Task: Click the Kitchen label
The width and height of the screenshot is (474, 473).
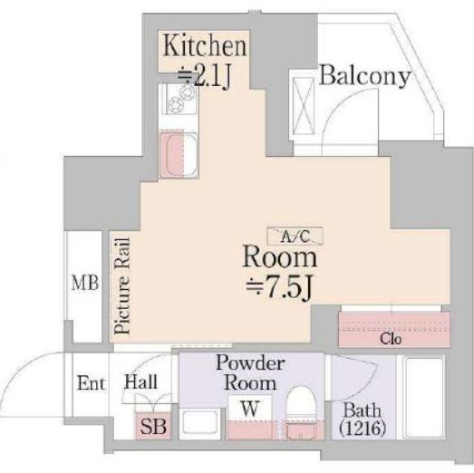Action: tap(204, 45)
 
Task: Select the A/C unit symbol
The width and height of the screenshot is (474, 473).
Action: tap(294, 236)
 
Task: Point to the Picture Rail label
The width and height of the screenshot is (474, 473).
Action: tap(122, 286)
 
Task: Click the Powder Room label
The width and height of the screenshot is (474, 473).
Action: tap(251, 372)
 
